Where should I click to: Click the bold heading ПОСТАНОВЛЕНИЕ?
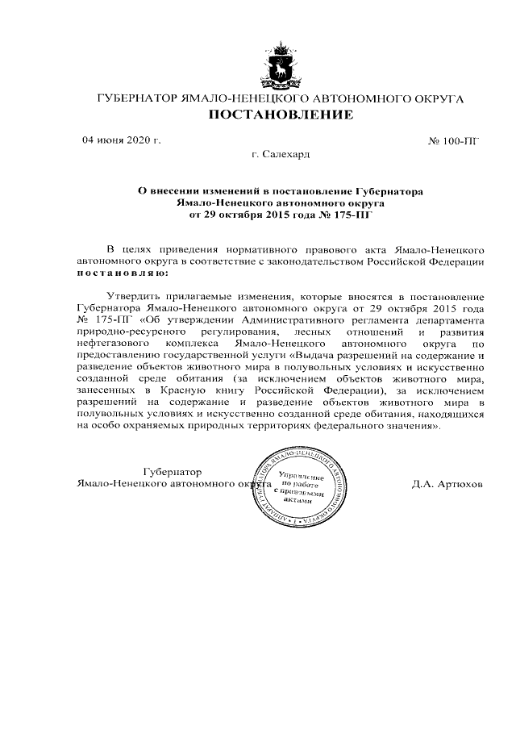click(281, 116)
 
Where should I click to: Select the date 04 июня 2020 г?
click(122, 140)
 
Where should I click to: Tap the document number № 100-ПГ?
click(453, 141)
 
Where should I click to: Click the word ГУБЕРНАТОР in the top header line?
click(135, 98)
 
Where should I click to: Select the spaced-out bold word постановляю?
click(118, 273)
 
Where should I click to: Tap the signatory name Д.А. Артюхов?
click(447, 486)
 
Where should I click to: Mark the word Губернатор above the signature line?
click(171, 472)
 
